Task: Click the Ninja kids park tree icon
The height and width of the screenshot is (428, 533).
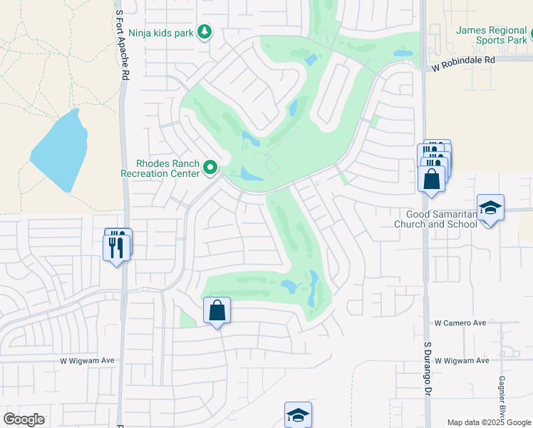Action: click(x=205, y=32)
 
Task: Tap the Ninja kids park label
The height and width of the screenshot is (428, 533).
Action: click(x=162, y=33)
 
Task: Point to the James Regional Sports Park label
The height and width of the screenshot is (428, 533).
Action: click(x=491, y=35)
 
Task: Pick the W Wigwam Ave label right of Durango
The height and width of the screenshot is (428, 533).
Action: click(x=462, y=361)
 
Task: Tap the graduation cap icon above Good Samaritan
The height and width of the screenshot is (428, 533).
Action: click(x=490, y=208)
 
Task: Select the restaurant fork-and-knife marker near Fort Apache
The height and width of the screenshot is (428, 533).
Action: click(x=117, y=247)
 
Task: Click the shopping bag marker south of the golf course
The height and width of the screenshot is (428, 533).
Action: click(x=217, y=311)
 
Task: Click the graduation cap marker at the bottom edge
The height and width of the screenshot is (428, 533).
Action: click(x=298, y=414)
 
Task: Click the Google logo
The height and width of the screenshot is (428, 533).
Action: click(x=24, y=419)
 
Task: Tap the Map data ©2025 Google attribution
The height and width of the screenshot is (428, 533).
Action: click(x=489, y=422)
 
